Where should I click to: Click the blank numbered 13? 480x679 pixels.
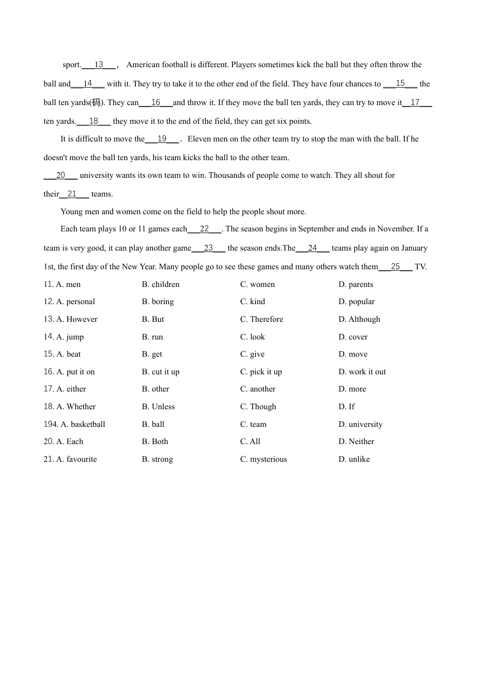pos(99,65)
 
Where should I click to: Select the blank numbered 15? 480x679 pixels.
pos(400,83)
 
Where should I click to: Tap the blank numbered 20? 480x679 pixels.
pos(61,175)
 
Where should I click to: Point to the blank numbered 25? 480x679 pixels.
pos(395,267)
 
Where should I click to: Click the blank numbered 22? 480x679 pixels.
pos(204,229)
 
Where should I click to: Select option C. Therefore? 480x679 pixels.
pos(261,319)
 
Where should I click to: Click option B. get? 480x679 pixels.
pos(152,354)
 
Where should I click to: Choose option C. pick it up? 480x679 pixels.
pos(261,372)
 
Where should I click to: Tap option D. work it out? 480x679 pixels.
pos(362,372)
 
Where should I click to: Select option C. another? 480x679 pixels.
pos(258,389)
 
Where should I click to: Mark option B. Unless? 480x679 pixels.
pos(158,407)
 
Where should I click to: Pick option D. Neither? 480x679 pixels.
pos(356,442)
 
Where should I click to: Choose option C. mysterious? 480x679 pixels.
pos(263,459)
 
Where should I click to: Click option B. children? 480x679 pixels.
pos(161,284)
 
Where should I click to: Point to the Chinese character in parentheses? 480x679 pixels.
pos(96,103)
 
